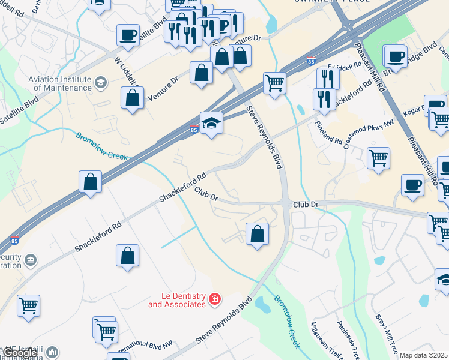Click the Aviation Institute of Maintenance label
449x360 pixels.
(62, 83)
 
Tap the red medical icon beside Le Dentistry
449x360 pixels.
(214, 299)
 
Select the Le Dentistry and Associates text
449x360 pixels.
(177, 299)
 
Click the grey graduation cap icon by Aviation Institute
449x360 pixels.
(100, 82)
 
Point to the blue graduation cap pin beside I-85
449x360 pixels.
(211, 124)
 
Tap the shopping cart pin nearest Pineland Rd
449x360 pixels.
(378, 159)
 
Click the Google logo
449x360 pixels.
(20, 353)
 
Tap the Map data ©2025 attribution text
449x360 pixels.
(423, 355)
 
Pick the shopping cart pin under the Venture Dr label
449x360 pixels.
(274, 83)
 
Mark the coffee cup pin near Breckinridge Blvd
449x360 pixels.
(395, 57)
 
